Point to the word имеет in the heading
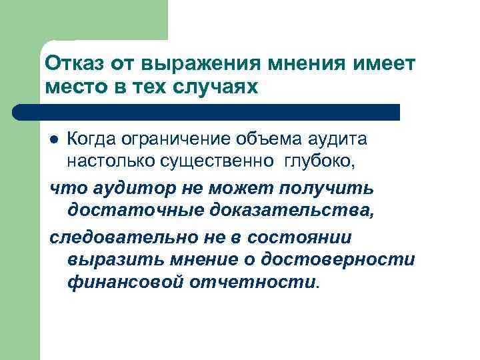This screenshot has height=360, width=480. [385, 65]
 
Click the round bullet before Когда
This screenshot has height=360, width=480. [55, 139]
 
